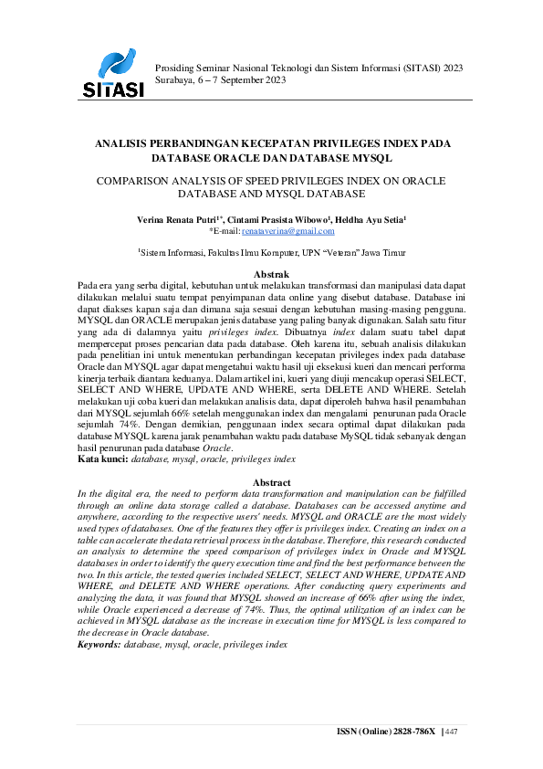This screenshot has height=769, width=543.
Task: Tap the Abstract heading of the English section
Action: [271, 482]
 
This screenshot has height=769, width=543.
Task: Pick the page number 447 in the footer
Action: [451, 732]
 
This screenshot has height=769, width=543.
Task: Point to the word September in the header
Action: [242, 80]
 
